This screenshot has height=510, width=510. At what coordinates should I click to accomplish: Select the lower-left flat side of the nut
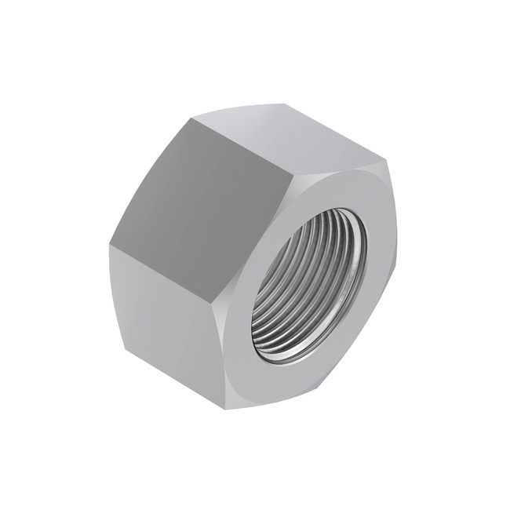(x=169, y=314)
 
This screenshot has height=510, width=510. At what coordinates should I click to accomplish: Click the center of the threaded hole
(x=310, y=286)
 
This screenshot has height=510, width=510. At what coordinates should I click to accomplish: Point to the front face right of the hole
(x=381, y=259)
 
